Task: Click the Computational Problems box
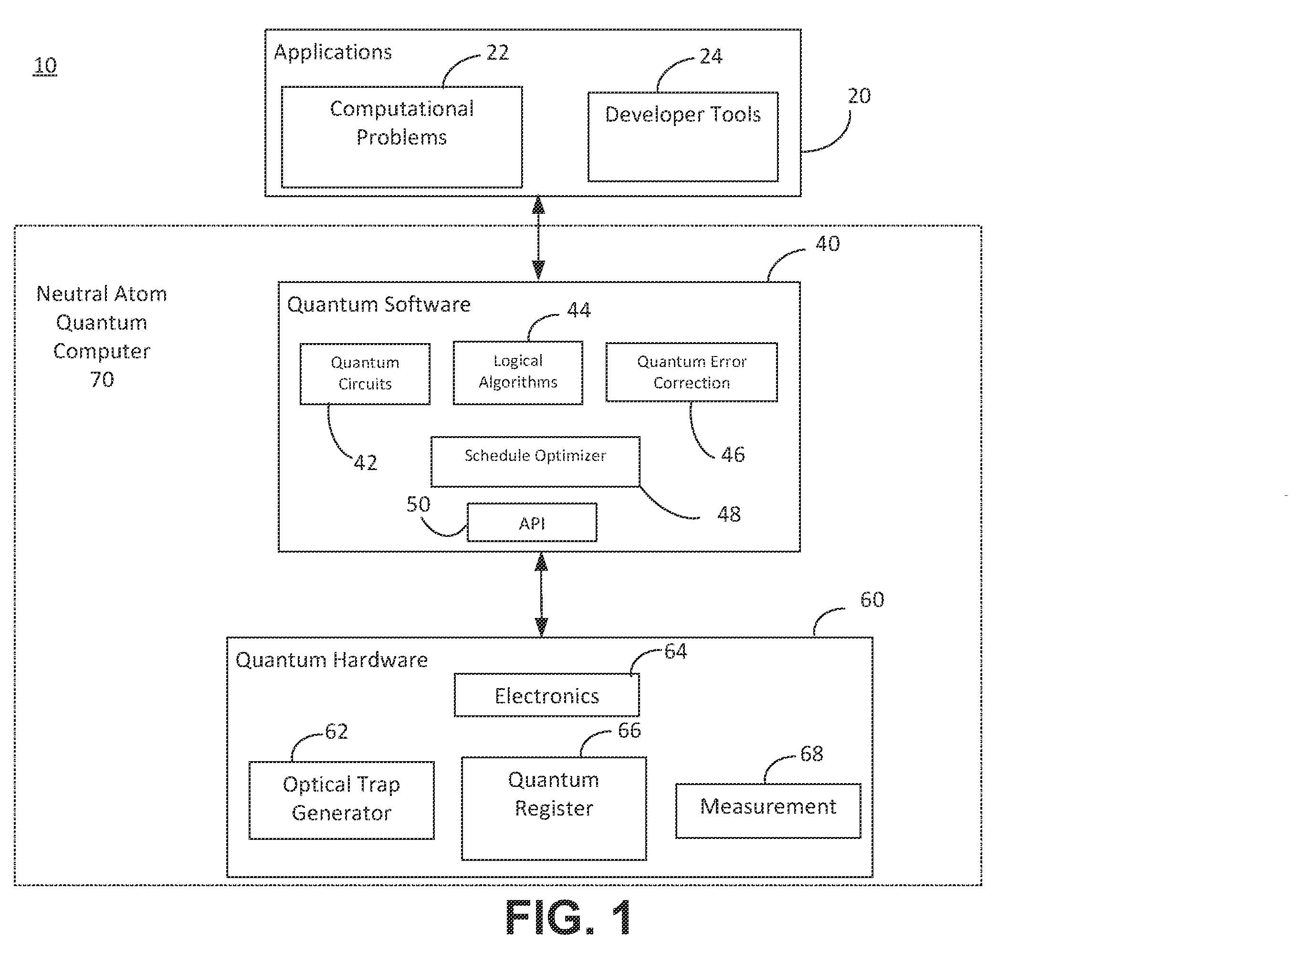402,137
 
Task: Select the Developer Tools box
683,137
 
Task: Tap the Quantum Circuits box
365,374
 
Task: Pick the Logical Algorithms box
518,373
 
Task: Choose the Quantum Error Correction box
692,372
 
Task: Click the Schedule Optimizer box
535,461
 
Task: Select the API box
532,523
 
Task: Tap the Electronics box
547,695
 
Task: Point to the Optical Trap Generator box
342,800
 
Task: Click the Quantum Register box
554,808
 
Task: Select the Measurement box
768,811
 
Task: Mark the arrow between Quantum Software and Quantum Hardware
542,595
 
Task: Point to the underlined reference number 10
45,65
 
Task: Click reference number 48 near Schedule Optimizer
729,514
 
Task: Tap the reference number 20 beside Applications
859,95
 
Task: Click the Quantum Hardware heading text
331,660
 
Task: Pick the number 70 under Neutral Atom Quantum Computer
102,379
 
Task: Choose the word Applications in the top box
333,52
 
